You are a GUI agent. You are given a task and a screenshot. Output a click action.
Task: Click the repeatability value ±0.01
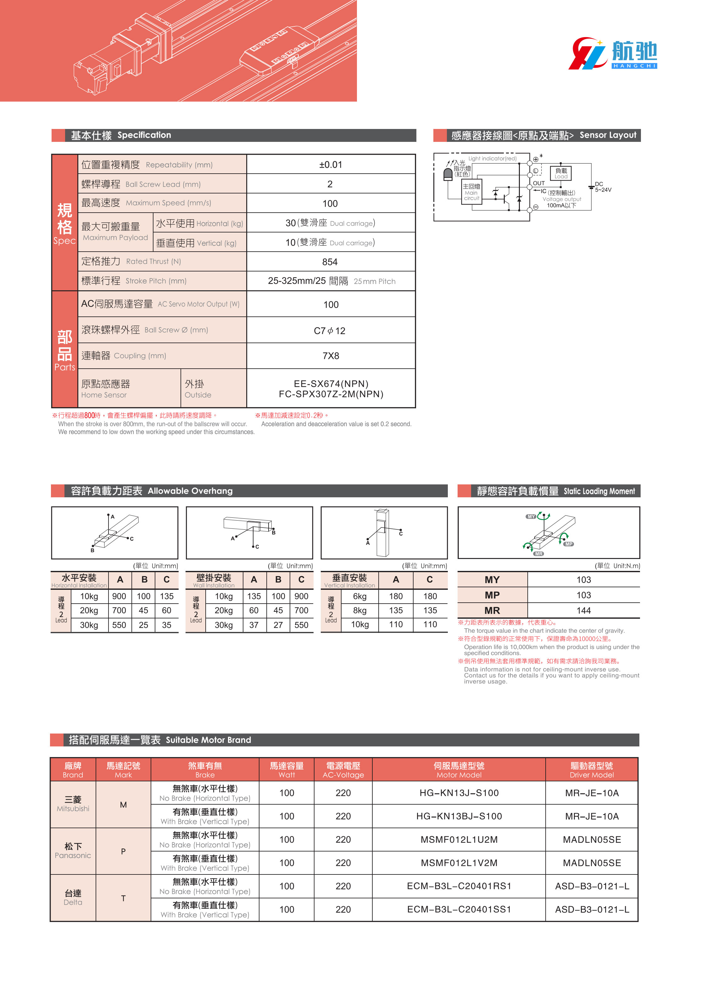coord(330,165)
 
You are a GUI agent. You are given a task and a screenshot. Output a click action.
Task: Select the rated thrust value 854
coord(330,262)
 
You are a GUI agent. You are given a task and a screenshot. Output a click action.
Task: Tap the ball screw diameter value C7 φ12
coord(330,331)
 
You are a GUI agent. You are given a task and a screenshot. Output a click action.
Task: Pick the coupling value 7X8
coord(331,356)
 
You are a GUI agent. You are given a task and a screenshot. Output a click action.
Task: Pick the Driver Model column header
coord(591,770)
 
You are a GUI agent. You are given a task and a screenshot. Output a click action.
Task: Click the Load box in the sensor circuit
coord(561,173)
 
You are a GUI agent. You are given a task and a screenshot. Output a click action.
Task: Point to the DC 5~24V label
coord(603,187)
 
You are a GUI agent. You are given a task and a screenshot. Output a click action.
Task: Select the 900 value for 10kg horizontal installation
coord(119,596)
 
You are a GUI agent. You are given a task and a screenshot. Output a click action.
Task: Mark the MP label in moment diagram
coord(569,544)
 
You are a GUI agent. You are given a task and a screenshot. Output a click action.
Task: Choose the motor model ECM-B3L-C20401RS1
coord(459,886)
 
